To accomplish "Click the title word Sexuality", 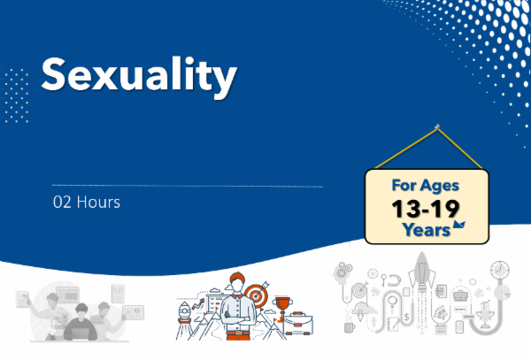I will [140, 76].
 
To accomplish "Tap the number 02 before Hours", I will [62, 202].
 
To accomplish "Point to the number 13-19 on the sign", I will [428, 210].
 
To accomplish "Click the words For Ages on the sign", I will [428, 187].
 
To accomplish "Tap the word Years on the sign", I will [422, 229].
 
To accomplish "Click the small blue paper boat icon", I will [459, 226].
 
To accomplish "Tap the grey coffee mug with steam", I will [350, 326].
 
